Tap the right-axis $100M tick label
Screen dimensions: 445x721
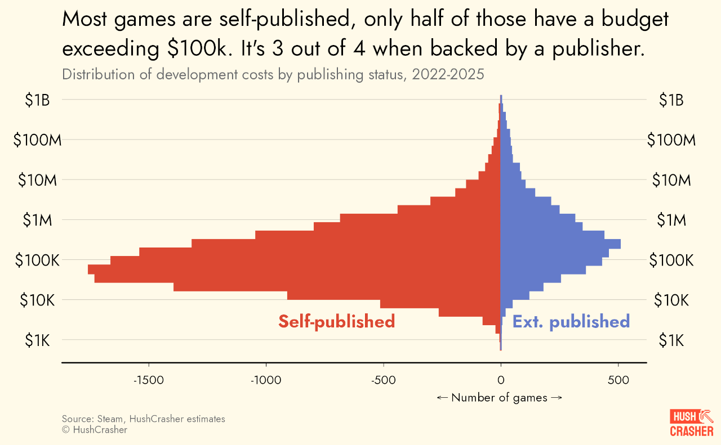point(671,140)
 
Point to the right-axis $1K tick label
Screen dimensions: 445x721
point(671,340)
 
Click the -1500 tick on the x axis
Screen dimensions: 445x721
point(148,380)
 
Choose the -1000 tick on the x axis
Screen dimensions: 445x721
point(265,380)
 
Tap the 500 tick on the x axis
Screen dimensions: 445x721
point(618,380)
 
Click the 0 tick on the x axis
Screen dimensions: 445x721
point(501,380)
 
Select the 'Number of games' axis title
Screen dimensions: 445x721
point(499,398)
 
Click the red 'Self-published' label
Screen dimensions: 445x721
point(336,321)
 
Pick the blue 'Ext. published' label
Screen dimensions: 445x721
point(571,321)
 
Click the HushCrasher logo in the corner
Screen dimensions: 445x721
point(691,424)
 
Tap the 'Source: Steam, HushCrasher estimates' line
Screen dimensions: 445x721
point(143,419)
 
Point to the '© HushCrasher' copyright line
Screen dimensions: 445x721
point(95,430)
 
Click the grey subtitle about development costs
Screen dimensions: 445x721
point(273,74)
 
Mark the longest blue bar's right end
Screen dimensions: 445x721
point(620,244)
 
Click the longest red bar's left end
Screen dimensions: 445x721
point(89,269)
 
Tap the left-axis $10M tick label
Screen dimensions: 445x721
point(37,181)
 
